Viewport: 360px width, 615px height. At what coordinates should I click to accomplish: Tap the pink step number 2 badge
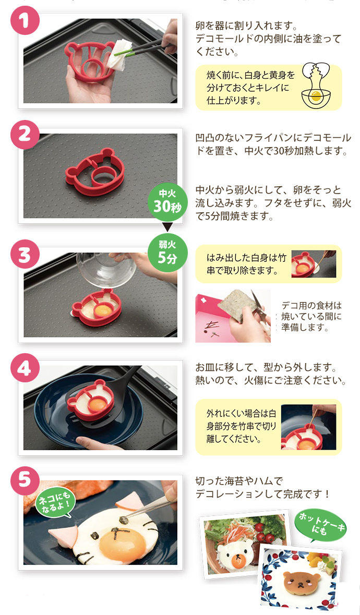coord(25,135)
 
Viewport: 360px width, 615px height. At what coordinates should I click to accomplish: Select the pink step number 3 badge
coord(25,254)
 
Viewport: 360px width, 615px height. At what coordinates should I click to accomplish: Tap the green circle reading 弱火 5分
coord(167,252)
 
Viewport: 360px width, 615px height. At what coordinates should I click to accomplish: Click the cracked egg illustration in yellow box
coord(315,88)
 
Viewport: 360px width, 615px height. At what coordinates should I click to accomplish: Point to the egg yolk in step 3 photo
coord(104,310)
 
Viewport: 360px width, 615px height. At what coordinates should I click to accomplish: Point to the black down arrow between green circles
coord(167,227)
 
